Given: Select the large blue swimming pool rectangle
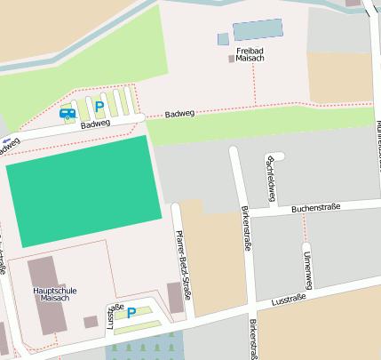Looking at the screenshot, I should pos(258,30).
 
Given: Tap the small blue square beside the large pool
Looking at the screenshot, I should pos(223,39).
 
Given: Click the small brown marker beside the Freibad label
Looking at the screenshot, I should pos(233,59).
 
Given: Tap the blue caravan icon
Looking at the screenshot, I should pos(67,113).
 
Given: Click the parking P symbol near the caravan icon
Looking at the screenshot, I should pos(99,107).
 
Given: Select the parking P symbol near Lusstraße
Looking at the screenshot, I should pos(131,312).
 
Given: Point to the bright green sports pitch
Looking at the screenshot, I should pos(83,190).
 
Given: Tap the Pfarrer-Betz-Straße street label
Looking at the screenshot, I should pos(184,260).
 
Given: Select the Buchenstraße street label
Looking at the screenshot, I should pos(316,210).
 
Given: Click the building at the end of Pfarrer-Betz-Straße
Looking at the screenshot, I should pos(176,297).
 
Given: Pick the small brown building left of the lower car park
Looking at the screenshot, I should pos(90,322).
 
